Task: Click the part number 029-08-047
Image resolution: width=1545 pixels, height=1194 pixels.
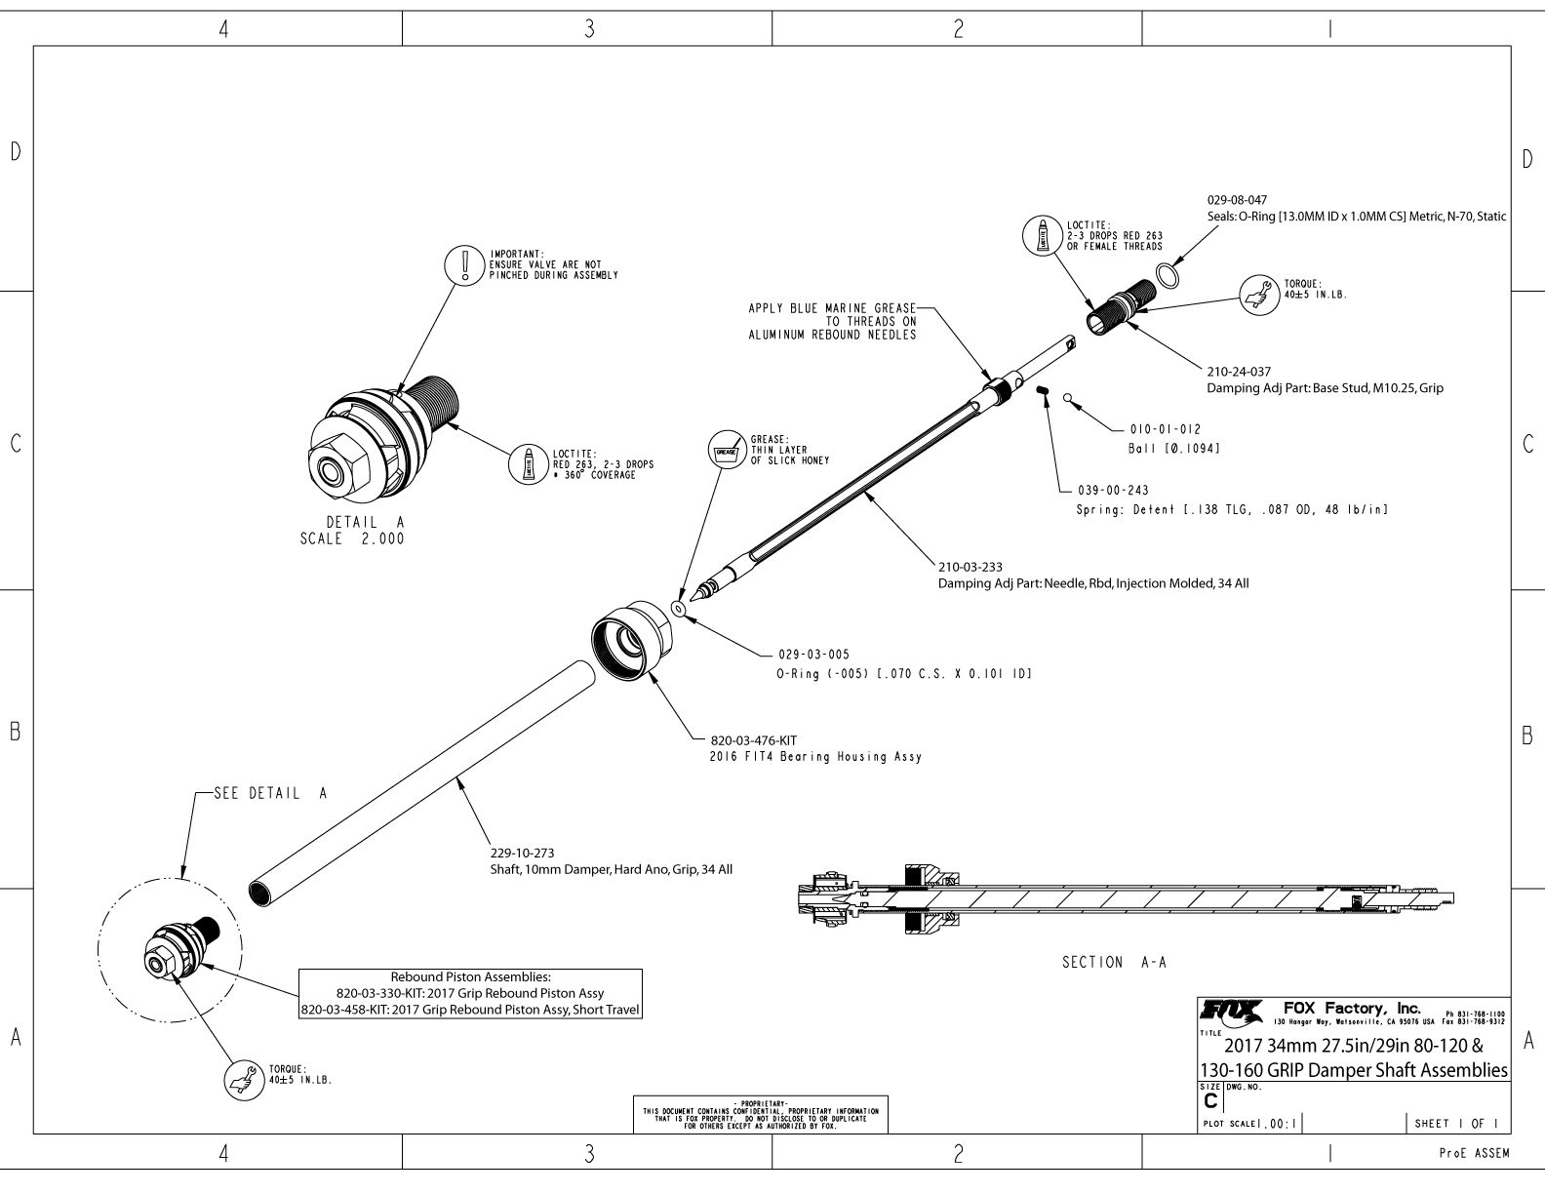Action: click(1237, 200)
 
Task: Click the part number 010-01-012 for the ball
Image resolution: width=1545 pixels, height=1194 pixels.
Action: click(1165, 429)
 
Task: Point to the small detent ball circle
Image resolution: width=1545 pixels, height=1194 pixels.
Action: click(1068, 397)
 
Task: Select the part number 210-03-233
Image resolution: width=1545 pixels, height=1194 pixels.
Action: click(970, 567)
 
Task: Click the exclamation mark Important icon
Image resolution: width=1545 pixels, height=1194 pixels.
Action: click(465, 264)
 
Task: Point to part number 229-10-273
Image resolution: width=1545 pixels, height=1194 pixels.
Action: click(522, 853)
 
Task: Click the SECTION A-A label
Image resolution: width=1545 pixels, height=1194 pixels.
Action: click(1114, 963)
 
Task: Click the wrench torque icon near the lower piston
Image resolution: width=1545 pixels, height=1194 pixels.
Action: click(243, 1079)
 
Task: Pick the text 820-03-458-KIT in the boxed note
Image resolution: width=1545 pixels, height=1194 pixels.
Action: click(353, 1010)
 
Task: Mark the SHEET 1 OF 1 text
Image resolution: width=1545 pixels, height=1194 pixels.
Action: click(1458, 1123)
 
